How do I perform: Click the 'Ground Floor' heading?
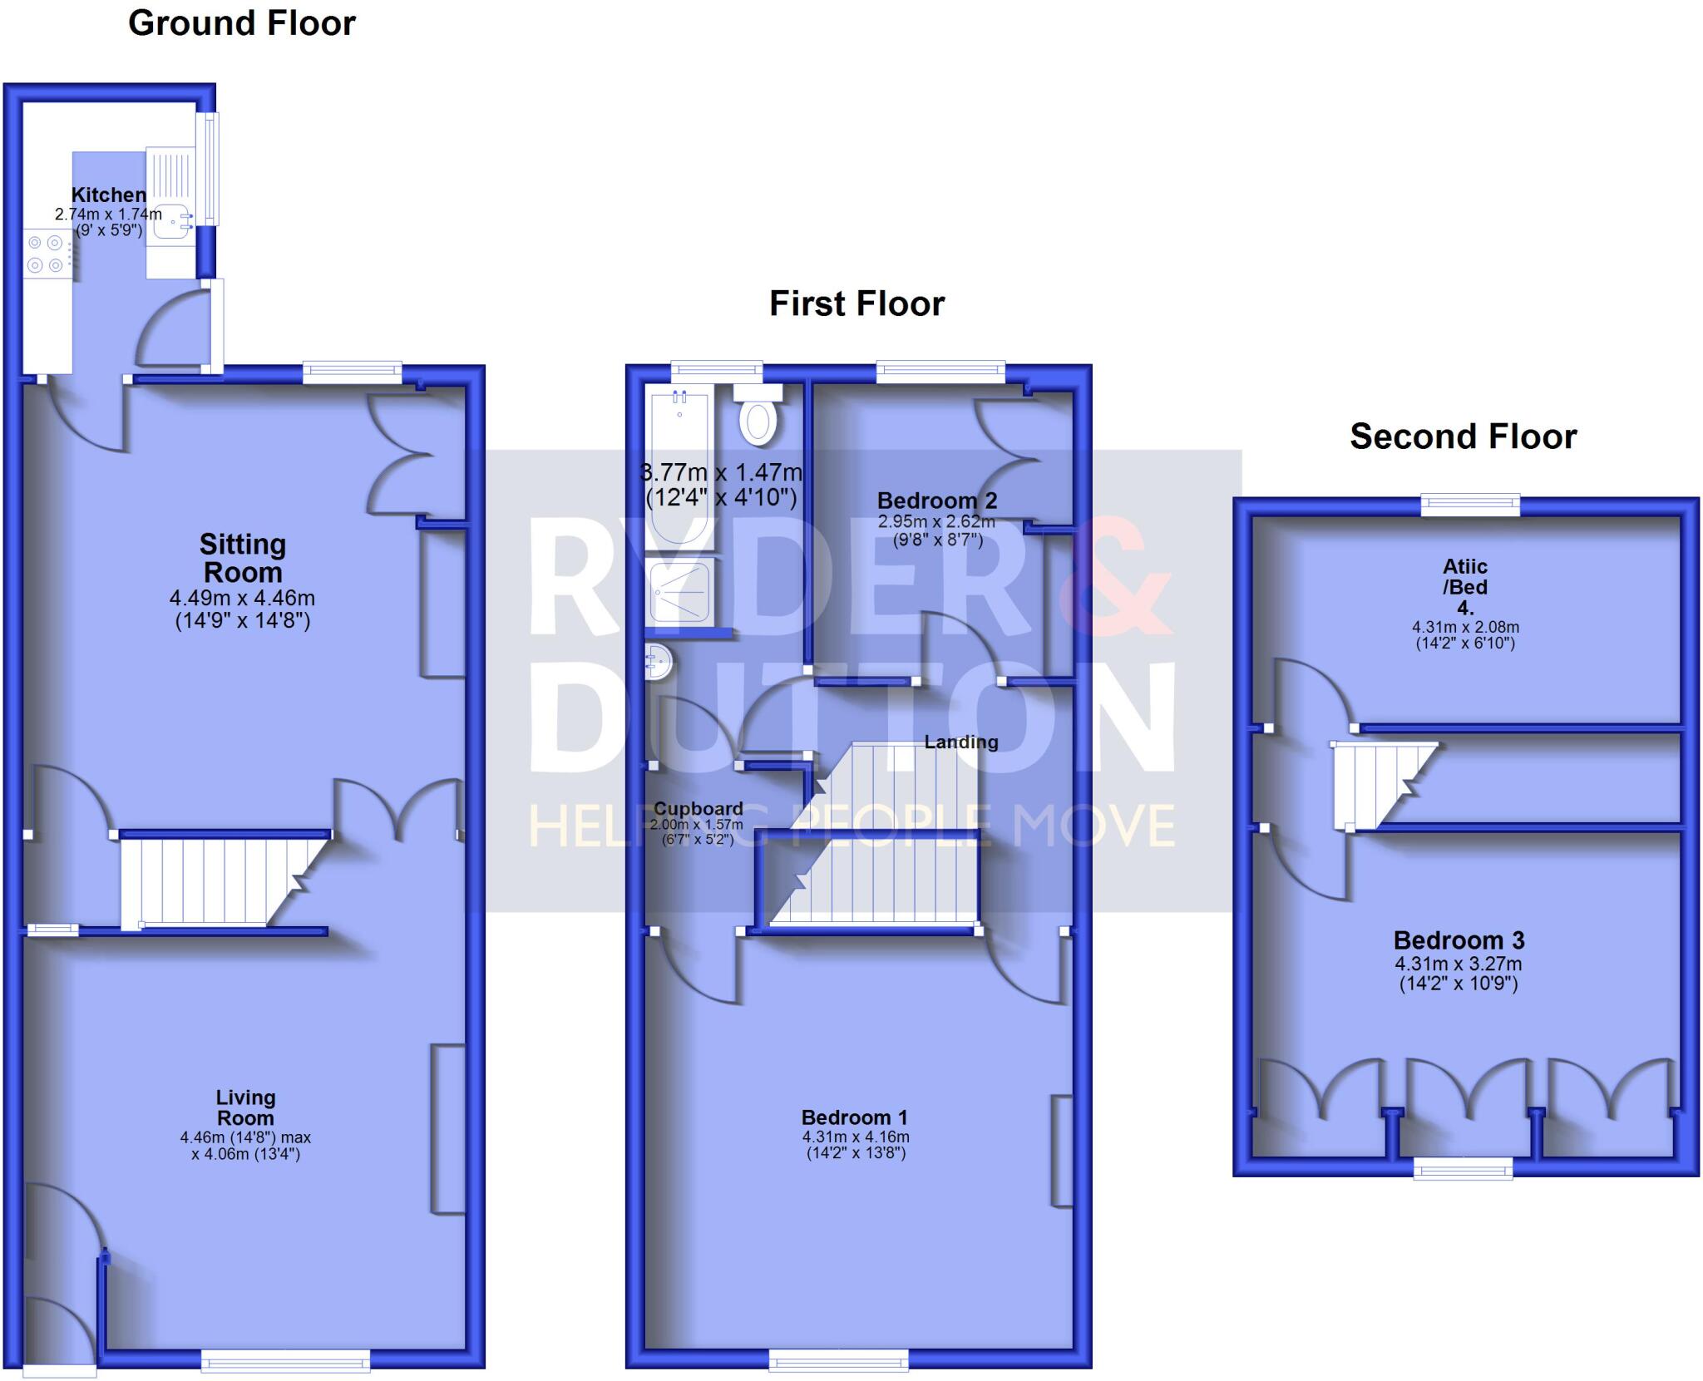point(241,23)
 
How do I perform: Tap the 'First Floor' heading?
point(856,303)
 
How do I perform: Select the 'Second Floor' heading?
point(1463,436)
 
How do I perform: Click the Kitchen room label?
point(109,195)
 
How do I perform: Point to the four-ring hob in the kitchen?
point(46,254)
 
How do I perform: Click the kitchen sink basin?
point(172,223)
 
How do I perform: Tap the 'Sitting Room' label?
point(243,558)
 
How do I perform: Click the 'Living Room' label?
point(245,1107)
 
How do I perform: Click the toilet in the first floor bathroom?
point(758,421)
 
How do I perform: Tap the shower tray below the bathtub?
point(680,591)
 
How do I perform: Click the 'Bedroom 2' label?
point(936,501)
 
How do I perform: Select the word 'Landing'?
point(961,742)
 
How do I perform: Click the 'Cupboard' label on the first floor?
point(698,808)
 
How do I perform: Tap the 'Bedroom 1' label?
point(855,1117)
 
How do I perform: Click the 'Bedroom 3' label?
point(1459,940)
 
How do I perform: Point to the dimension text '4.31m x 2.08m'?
point(1465,628)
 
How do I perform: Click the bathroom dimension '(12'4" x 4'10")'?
point(721,498)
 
